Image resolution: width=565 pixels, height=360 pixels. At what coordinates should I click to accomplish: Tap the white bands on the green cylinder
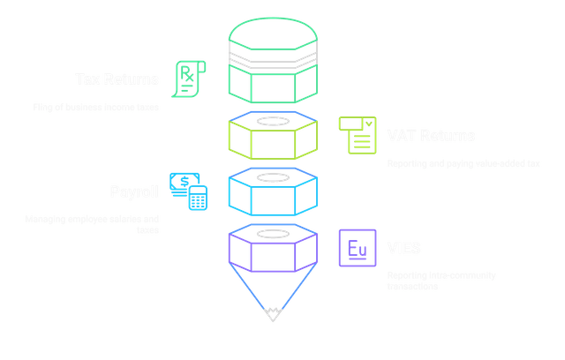[275, 62]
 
